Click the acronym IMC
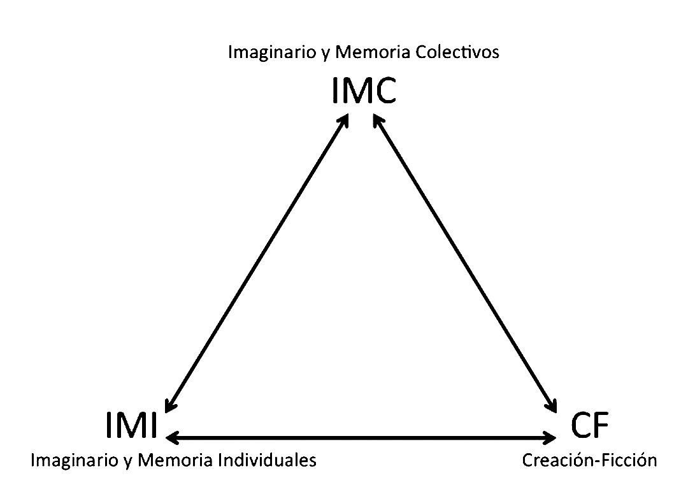[364, 91]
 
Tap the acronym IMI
[132, 426]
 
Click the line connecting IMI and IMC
[257, 264]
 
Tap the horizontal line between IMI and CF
[361, 437]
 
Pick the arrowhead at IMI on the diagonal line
[169, 407]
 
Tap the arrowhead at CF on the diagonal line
[552, 407]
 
